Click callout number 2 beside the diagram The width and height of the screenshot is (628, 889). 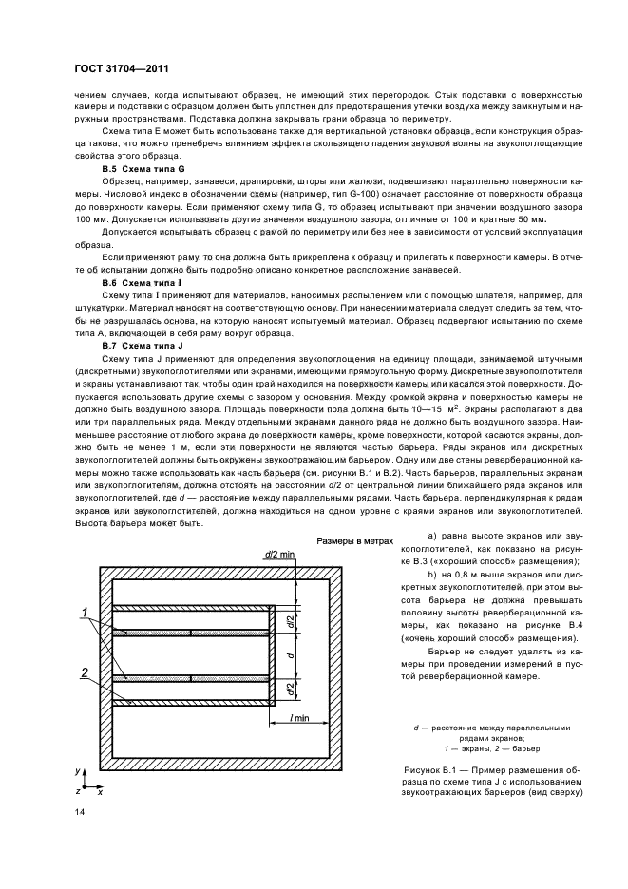click(x=86, y=671)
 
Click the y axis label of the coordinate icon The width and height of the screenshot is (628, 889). click(x=79, y=770)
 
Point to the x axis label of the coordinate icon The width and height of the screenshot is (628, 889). click(x=100, y=790)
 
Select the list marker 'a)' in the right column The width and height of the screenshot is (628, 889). click(x=432, y=539)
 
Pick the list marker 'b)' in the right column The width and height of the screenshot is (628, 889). click(x=432, y=576)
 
